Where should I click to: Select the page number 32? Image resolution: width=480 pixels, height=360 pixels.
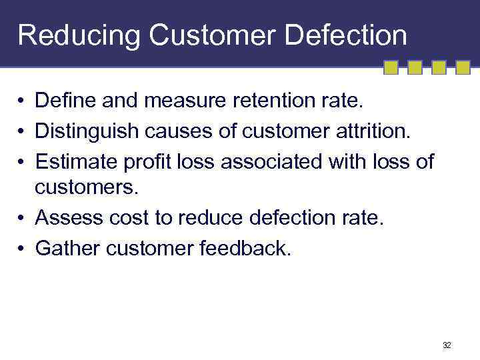(x=446, y=345)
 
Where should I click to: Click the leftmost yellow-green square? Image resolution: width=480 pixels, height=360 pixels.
(x=391, y=68)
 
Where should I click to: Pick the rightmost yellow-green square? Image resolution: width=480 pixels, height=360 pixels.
(x=463, y=68)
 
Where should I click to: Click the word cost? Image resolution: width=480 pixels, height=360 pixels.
(x=136, y=217)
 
